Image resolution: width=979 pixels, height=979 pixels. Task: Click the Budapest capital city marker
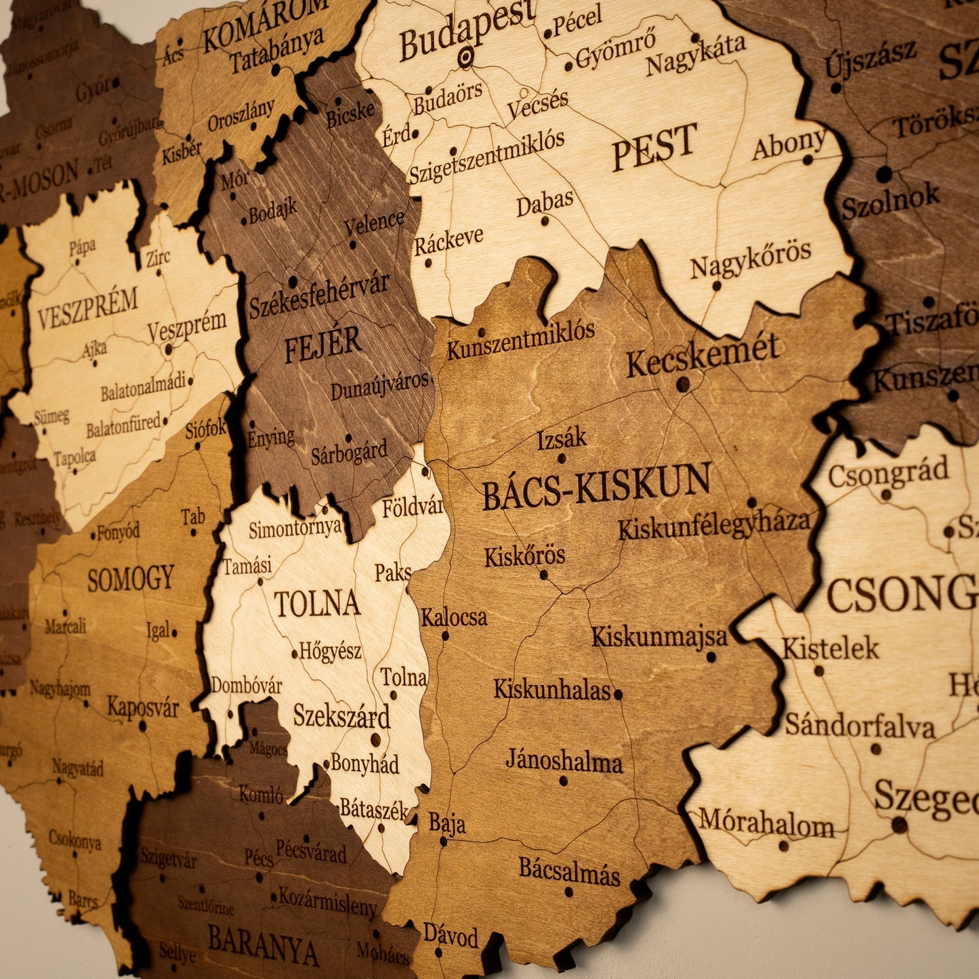(x=465, y=57)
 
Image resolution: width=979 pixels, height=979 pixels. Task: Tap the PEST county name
(x=654, y=146)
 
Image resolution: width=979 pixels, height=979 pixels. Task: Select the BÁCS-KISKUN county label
(x=596, y=486)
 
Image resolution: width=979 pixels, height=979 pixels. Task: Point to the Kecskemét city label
(x=702, y=354)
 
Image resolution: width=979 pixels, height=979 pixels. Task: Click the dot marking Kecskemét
(x=683, y=384)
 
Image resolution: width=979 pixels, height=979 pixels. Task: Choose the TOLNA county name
(x=316, y=603)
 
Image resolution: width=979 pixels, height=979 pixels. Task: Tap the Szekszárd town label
(x=341, y=715)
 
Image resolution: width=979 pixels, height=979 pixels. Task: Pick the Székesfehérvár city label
(x=318, y=295)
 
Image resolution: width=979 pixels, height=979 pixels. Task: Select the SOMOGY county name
(x=131, y=579)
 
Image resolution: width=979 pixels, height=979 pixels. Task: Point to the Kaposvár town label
(x=143, y=707)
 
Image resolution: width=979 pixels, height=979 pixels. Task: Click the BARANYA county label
(x=263, y=944)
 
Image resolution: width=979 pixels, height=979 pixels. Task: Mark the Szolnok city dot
(x=884, y=174)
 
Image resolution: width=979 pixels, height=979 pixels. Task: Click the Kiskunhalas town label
(x=551, y=690)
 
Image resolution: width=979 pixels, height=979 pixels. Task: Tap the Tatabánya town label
(x=276, y=51)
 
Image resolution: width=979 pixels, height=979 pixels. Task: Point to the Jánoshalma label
(x=564, y=761)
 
